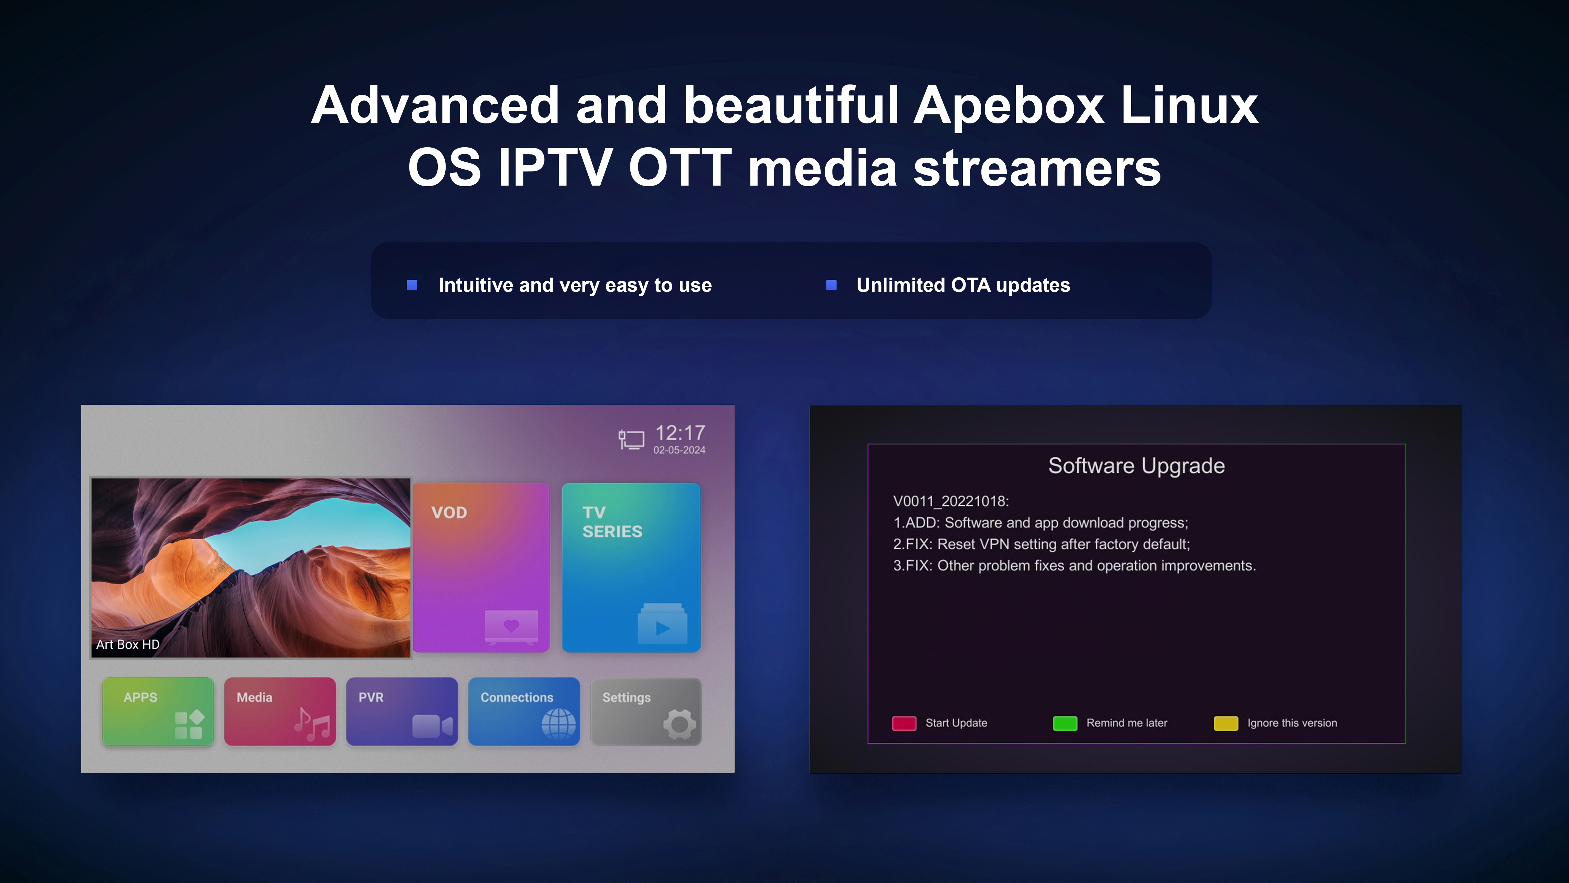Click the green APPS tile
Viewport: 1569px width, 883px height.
(158, 711)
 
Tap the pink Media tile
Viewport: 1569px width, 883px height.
(280, 711)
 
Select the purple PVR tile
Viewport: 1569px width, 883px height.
(402, 711)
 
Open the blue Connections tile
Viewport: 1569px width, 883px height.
(524, 711)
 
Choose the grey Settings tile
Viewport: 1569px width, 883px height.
(646, 711)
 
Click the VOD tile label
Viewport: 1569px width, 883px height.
(449, 512)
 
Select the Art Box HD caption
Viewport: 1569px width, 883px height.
(128, 644)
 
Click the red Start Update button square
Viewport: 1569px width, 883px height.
(904, 723)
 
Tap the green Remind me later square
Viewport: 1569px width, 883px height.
(1065, 723)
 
